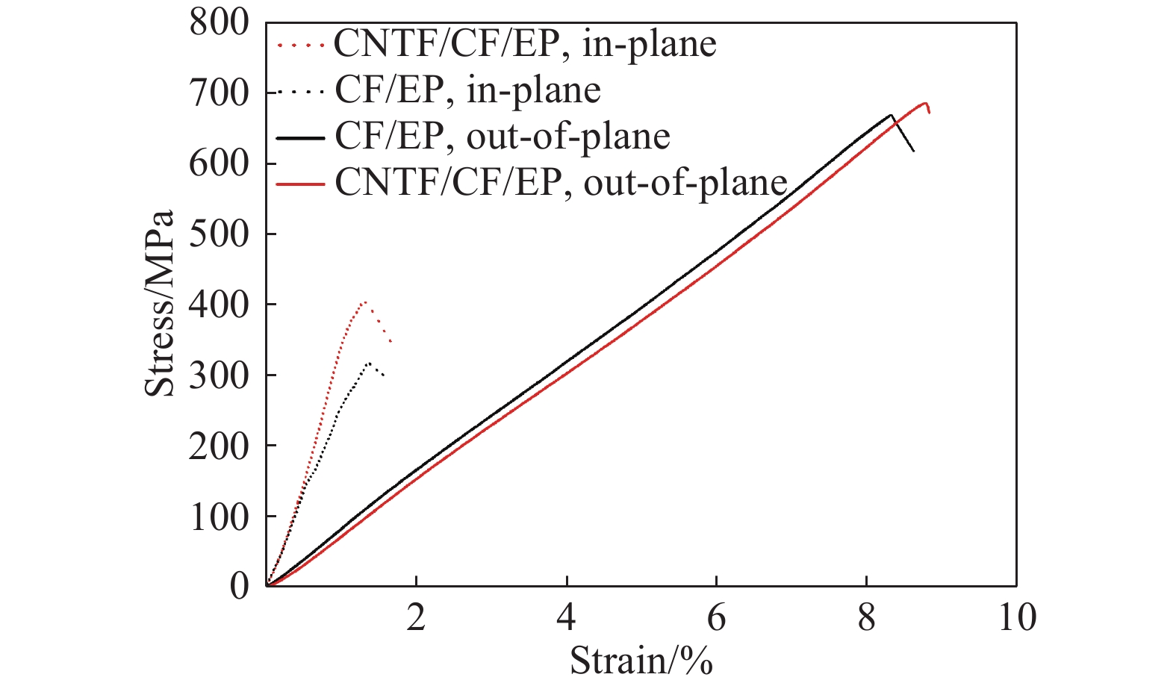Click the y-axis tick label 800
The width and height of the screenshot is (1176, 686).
tap(218, 22)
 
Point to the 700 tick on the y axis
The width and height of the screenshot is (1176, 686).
tap(218, 93)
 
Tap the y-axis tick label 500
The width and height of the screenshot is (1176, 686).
tap(218, 234)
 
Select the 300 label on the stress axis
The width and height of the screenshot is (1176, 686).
tap(218, 375)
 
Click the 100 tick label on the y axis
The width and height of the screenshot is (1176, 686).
tap(218, 517)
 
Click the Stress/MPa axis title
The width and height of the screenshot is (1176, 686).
tap(160, 303)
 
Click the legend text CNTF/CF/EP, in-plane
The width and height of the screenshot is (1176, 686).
tap(525, 44)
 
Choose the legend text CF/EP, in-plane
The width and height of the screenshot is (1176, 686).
tap(467, 90)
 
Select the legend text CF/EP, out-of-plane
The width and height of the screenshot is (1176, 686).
tap(502, 137)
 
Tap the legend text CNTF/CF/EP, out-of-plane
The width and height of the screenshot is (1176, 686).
tap(561, 183)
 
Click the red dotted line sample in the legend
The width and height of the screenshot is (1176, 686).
tap(300, 45)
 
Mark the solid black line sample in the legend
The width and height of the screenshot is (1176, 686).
tap(300, 137)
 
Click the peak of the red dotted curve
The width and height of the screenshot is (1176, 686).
tap(364, 302)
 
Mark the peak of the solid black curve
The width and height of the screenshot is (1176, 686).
tap(891, 115)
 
